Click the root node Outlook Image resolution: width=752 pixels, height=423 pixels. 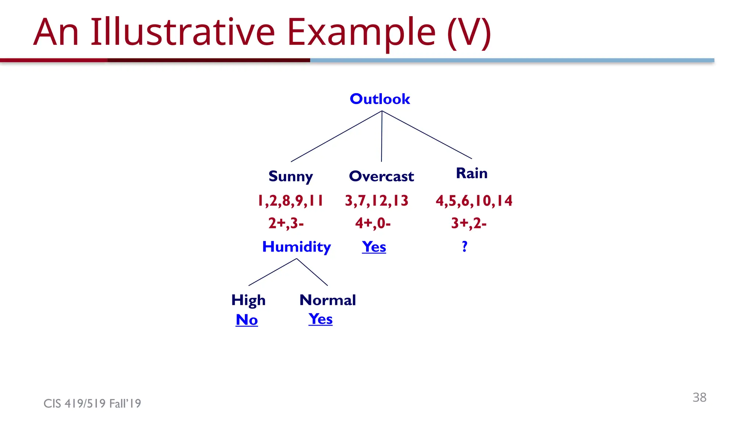point(380,99)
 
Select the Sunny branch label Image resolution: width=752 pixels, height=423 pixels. point(290,176)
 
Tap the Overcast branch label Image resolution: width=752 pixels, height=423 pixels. point(381,176)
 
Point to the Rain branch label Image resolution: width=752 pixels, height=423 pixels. point(471,173)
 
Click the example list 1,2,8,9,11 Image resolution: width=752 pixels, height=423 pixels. point(290,201)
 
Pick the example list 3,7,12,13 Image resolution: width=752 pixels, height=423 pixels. point(376,201)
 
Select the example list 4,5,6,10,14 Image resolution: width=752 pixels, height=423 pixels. point(474,201)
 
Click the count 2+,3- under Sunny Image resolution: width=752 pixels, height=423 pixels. point(286,223)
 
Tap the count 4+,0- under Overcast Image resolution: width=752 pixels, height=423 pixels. point(373,223)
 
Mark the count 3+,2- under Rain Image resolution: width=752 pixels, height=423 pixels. point(469,223)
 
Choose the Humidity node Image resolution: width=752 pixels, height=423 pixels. point(296,247)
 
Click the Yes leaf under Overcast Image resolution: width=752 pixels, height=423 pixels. point(374,247)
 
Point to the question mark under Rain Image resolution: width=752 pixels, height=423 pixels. point(464,246)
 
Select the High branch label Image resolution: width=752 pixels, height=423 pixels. point(248,300)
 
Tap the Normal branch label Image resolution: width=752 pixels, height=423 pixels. point(328,300)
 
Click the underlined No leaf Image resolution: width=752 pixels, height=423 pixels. point(247,320)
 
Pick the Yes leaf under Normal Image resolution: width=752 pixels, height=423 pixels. point(320,319)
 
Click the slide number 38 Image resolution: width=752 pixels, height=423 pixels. point(699,397)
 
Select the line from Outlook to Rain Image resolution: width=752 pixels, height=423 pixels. point(427,135)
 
